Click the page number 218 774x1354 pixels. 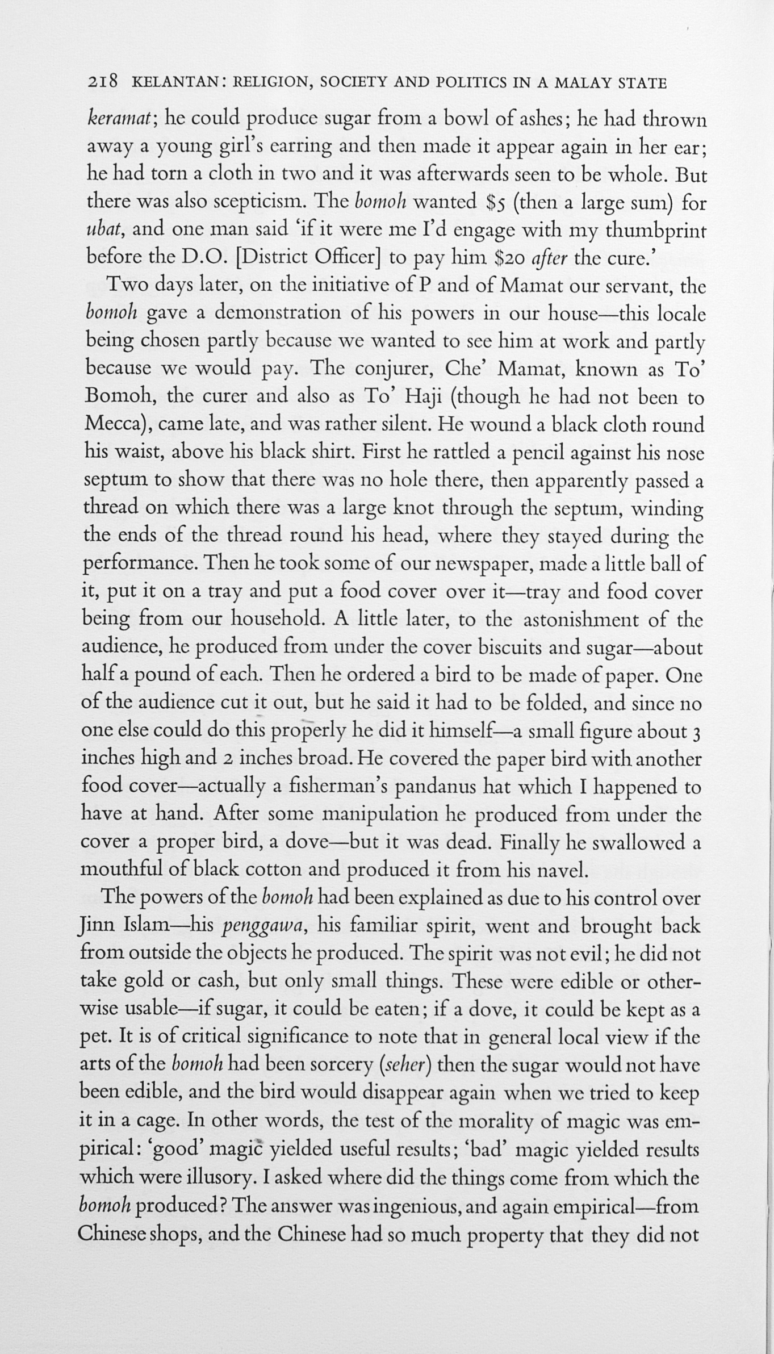[x=103, y=83]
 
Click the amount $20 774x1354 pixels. [x=509, y=258]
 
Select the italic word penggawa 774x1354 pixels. [x=264, y=927]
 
